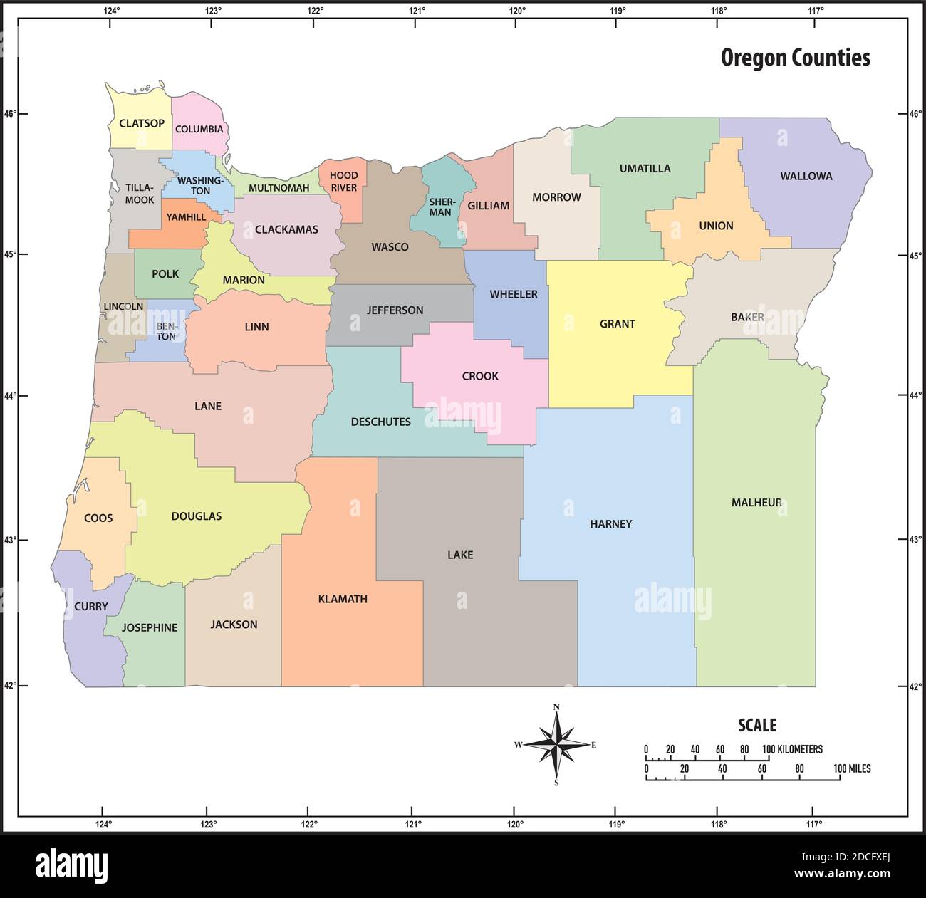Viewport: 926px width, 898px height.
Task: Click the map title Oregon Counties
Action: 795,58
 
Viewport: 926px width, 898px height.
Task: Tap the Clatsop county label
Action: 142,123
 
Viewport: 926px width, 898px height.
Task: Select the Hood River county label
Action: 343,182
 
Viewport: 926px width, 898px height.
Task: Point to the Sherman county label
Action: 440,207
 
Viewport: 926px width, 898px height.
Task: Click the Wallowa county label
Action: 806,176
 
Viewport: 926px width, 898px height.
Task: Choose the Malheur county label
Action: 756,503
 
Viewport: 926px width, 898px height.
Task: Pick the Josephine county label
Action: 150,627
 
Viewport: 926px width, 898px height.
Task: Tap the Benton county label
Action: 166,332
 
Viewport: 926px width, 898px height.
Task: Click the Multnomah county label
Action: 279,188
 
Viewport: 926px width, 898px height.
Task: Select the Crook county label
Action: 480,376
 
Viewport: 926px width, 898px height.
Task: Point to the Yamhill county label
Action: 186,217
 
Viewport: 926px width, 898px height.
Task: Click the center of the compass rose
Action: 556,744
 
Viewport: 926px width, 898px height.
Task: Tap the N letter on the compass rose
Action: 556,706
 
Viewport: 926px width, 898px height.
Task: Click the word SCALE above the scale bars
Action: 756,726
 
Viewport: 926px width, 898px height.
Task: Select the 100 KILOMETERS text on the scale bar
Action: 792,749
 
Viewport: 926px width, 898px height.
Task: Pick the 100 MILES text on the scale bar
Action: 852,769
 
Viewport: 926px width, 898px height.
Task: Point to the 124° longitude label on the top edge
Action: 111,11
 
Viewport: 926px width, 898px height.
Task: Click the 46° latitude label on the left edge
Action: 9,114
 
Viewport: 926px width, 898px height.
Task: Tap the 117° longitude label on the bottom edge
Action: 815,825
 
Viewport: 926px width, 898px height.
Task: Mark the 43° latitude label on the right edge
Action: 916,540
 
